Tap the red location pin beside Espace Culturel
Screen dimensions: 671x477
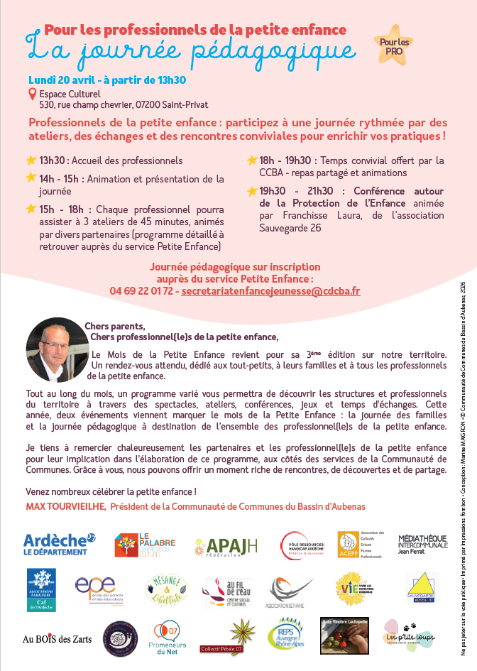pos(32,94)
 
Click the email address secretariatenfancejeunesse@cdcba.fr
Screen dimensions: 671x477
pos(270,291)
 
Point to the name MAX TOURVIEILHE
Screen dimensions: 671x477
pos(66,506)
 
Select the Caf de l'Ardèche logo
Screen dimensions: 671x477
pos(45,589)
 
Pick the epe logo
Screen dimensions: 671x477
pos(96,588)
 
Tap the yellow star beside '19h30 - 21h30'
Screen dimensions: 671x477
pos(252,191)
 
